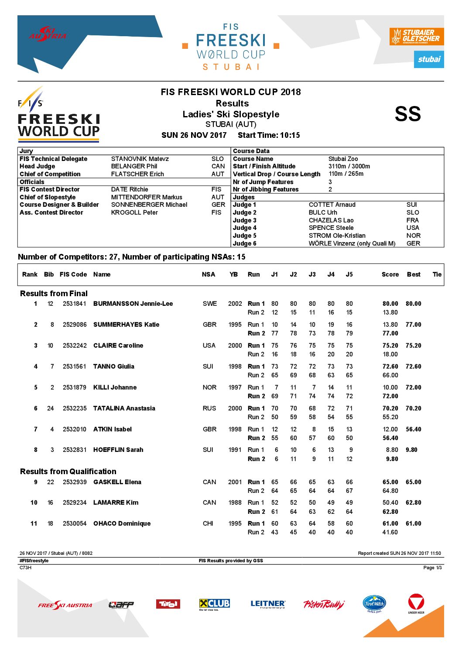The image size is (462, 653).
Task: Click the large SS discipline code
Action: tap(407, 114)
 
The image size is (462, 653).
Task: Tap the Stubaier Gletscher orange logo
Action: tap(416, 36)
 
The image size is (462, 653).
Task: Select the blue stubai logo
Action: tap(429, 59)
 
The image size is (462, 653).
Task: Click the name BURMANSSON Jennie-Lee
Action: tap(133, 304)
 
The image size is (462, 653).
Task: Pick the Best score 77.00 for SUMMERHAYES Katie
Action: tap(413, 325)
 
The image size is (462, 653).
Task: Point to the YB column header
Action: tap(234, 274)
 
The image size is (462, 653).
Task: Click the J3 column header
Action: tap(312, 274)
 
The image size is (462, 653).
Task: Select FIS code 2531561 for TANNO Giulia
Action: tap(75, 366)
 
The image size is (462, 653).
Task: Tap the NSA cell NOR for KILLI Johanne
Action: tap(209, 387)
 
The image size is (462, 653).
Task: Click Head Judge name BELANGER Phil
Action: tap(134, 166)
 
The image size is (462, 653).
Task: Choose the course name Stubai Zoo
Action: tap(343, 159)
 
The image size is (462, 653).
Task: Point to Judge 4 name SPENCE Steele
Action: tap(331, 228)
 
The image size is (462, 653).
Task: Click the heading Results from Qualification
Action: tap(68, 472)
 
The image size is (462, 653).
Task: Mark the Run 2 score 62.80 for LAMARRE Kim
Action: tap(390, 512)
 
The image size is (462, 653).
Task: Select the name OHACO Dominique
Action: tap(122, 523)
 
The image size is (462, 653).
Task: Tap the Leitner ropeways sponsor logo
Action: tap(268, 604)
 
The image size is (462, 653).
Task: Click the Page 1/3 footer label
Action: tap(432, 568)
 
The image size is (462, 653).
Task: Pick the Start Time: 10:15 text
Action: tap(269, 135)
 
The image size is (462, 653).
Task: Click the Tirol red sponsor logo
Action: tap(168, 604)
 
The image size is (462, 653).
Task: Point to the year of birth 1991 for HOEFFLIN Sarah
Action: tap(235, 450)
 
